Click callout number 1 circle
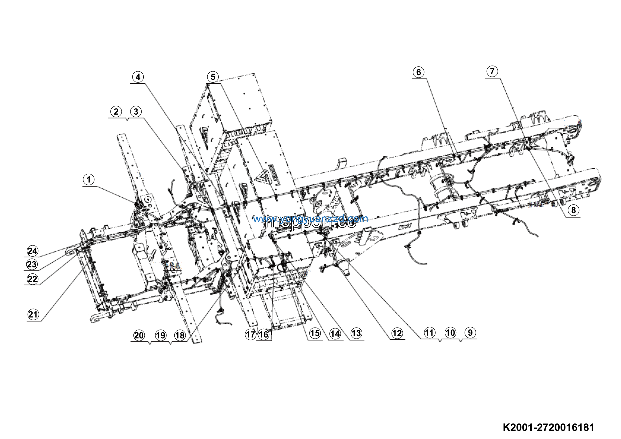[89, 179]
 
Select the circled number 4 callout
[138, 77]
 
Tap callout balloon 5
[213, 77]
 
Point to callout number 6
[418, 72]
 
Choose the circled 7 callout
[492, 71]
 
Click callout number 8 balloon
[573, 210]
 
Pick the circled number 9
[470, 333]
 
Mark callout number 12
[397, 333]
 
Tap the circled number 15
[315, 333]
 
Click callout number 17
[250, 335]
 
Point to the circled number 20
[139, 336]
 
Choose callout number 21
[33, 314]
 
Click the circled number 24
[33, 251]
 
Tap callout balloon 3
[136, 111]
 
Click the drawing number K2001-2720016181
[548, 427]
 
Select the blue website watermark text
[310, 219]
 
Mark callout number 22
[33, 279]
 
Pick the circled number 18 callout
[180, 336]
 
